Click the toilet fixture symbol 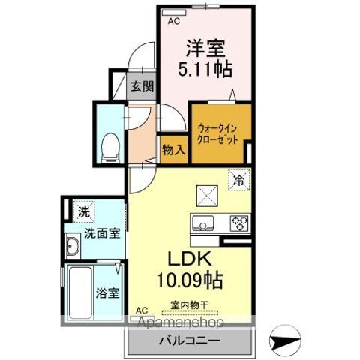[110, 148]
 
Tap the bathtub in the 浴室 [80, 293]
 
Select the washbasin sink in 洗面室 [73, 246]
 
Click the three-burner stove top [239, 223]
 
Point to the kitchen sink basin [203, 223]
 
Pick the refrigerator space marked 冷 [239, 179]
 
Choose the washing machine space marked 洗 [84, 211]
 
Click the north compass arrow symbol [285, 340]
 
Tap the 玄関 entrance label [142, 87]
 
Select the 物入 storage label [174, 150]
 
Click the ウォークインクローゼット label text [217, 134]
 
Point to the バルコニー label [190, 340]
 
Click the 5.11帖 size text [205, 68]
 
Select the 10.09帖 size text [190, 280]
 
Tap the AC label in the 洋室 [174, 21]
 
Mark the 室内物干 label [190, 304]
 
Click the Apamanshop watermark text [181, 322]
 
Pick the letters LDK [190, 259]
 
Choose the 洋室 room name [205, 48]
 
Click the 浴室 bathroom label [107, 293]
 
